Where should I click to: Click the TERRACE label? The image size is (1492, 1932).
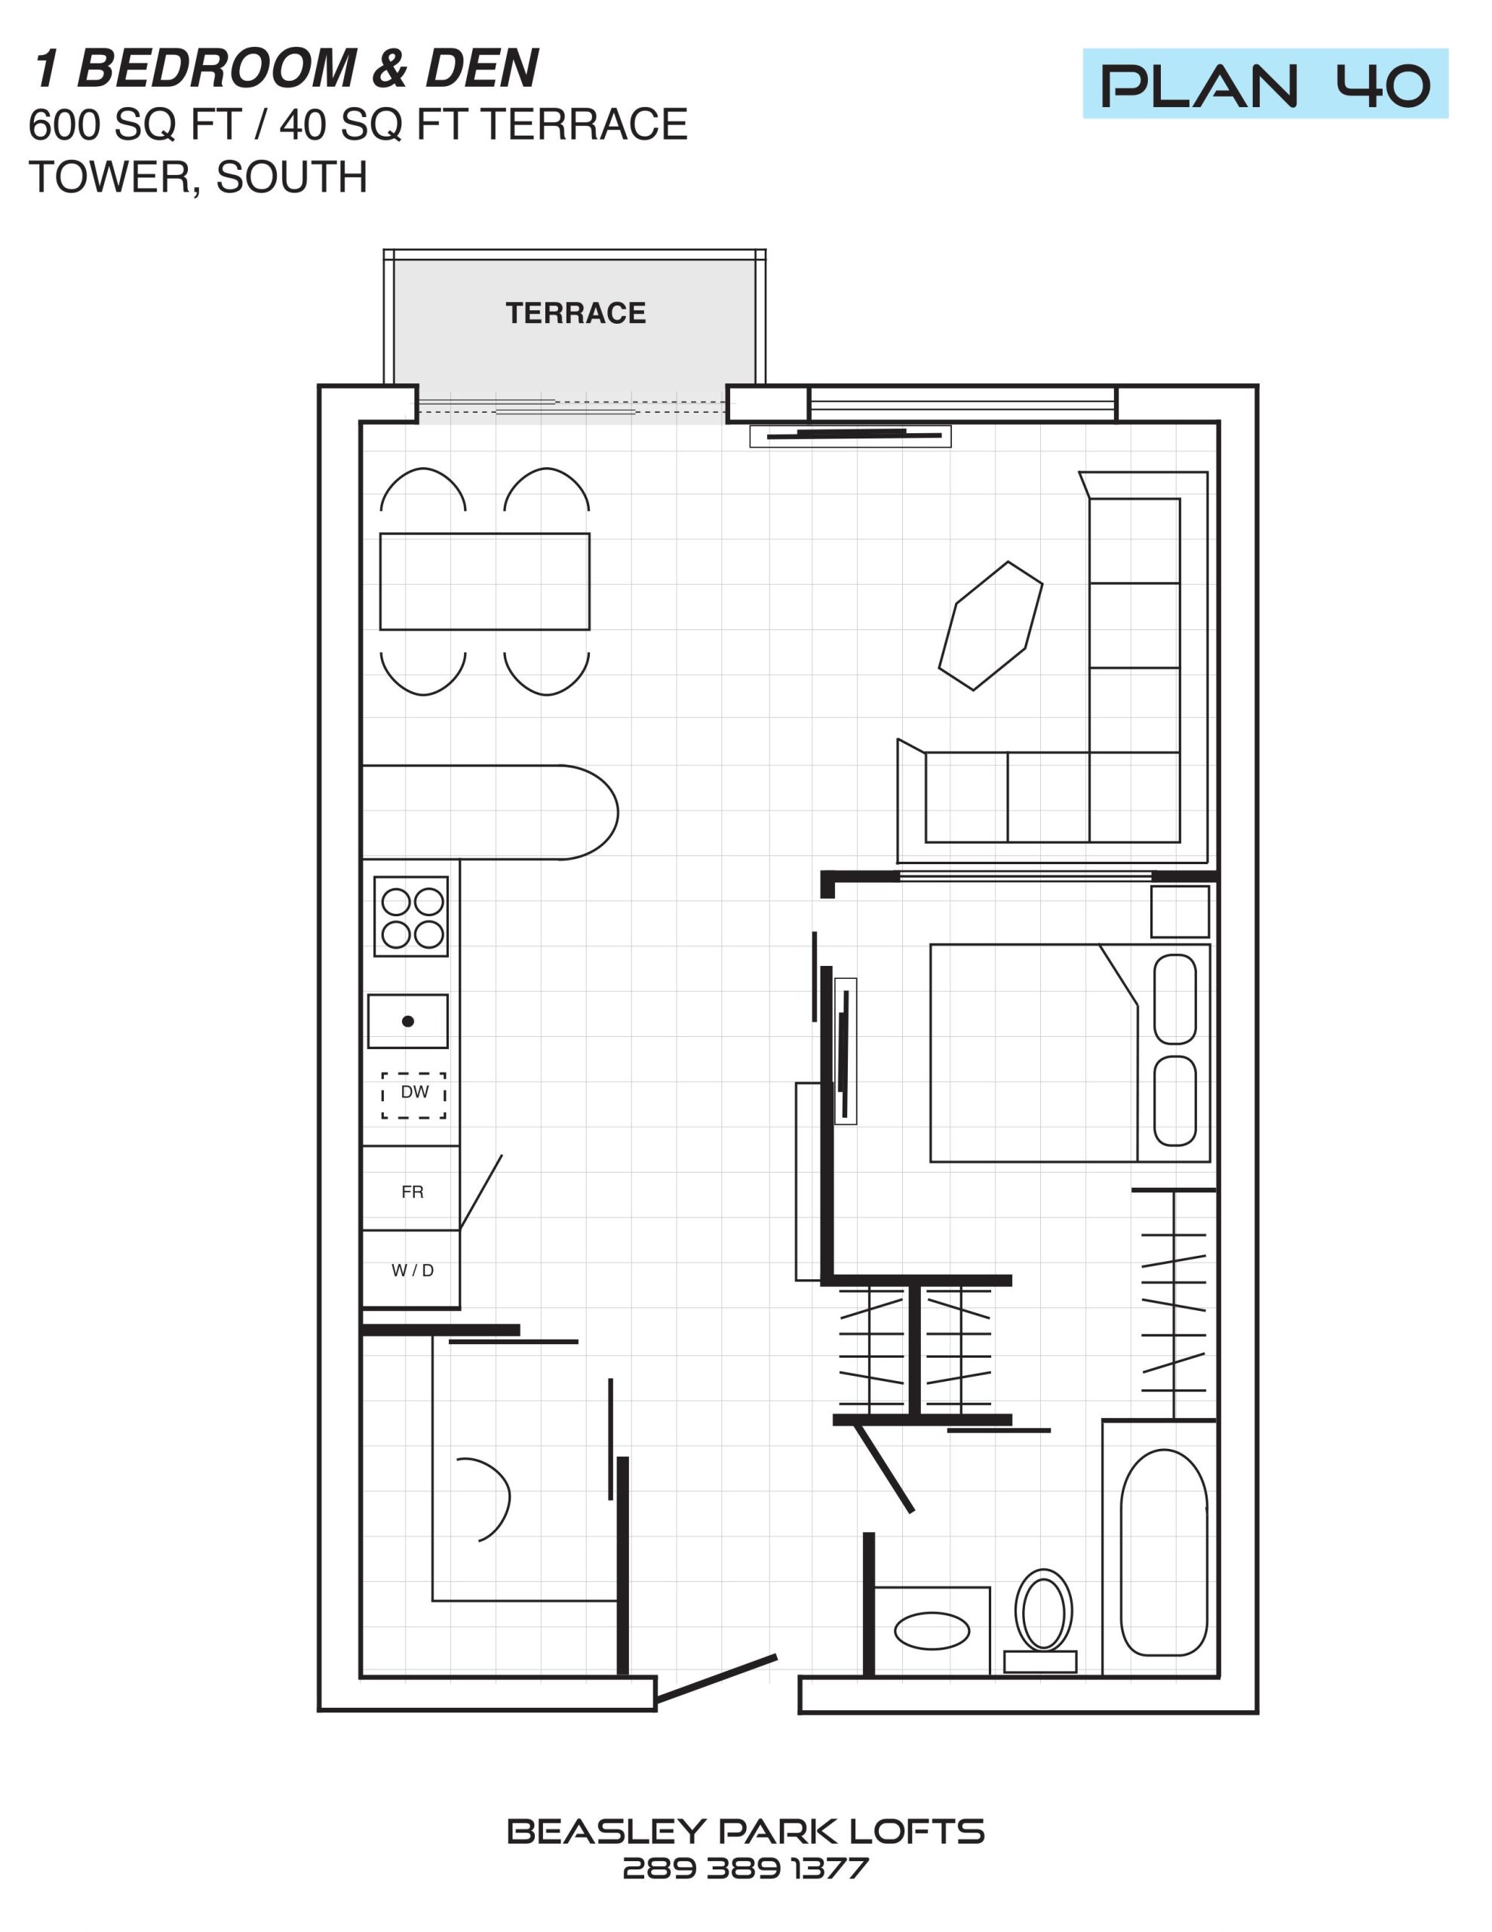click(576, 313)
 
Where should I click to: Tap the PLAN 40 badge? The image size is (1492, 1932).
click(1265, 84)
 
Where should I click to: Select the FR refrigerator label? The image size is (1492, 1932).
click(412, 1192)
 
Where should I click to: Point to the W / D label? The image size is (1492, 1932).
click(412, 1271)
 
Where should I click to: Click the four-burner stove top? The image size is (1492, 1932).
click(411, 916)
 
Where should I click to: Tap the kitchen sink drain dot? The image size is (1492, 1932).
click(408, 1021)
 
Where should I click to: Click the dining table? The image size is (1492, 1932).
click(485, 581)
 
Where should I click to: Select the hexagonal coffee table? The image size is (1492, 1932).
click(990, 626)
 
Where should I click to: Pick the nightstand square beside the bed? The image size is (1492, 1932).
click(1180, 912)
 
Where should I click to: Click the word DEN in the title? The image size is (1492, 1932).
click(482, 68)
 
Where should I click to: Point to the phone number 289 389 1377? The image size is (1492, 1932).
click(745, 1869)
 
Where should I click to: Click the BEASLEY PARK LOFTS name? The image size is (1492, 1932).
click(745, 1831)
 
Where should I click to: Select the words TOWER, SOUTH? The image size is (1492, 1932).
click(198, 178)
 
